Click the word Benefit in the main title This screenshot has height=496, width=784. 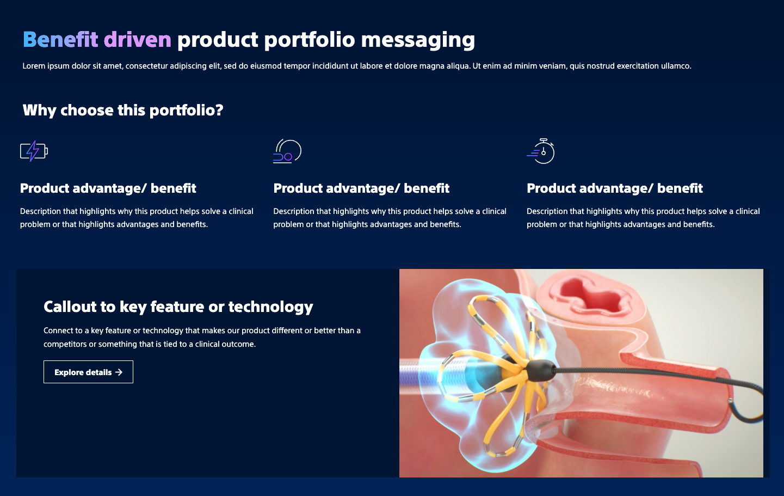(x=60, y=39)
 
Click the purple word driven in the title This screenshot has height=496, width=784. (x=138, y=39)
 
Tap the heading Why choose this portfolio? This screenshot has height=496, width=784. (x=123, y=111)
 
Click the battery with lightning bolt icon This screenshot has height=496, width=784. (x=34, y=151)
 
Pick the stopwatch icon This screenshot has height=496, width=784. (x=541, y=151)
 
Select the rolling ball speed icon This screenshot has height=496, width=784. (x=287, y=151)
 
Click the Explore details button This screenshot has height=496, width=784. (x=88, y=372)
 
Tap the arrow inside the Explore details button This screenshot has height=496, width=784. (x=119, y=372)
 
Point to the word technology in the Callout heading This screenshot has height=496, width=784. (x=270, y=308)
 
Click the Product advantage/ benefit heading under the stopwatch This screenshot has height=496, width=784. (x=615, y=188)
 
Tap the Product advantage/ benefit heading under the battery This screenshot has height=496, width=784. (x=108, y=188)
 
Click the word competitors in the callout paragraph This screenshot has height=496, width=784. (x=65, y=344)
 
